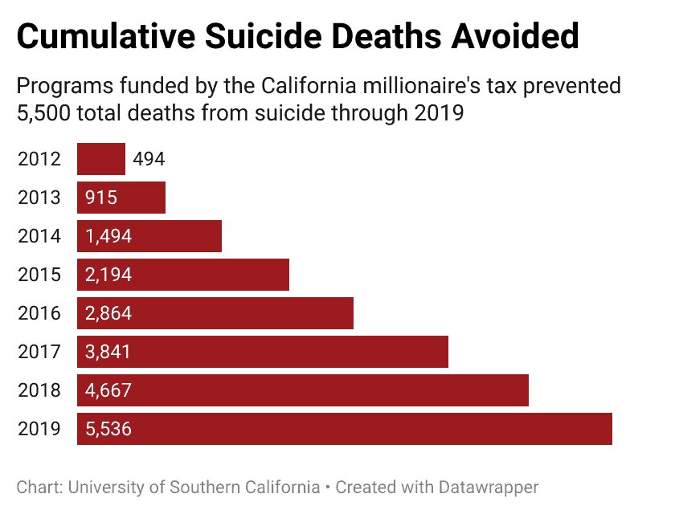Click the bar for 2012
(x=101, y=159)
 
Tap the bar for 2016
(x=215, y=313)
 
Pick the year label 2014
(x=39, y=236)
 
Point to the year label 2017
(x=39, y=352)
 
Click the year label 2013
(x=39, y=198)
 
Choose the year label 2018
(x=39, y=390)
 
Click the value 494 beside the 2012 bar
(x=149, y=159)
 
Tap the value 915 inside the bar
(x=101, y=198)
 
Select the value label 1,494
(x=108, y=236)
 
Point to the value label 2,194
(x=108, y=275)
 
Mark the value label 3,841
(x=108, y=352)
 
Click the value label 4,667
(x=108, y=390)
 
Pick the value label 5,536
(x=108, y=429)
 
